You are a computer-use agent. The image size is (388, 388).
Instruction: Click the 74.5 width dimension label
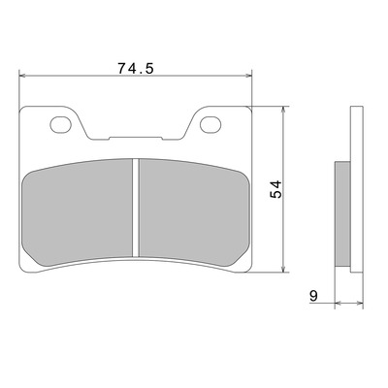click(135, 68)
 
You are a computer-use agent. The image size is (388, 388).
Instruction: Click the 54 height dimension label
click(276, 189)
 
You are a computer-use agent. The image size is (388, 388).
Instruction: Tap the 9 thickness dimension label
click(313, 296)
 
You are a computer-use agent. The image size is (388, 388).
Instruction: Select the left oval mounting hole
click(60, 124)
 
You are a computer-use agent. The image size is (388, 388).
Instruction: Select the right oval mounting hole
click(210, 124)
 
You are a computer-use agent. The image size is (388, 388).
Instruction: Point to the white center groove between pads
click(136, 208)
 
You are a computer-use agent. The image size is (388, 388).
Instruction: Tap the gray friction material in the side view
click(342, 214)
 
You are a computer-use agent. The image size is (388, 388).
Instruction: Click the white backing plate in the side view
click(357, 189)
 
